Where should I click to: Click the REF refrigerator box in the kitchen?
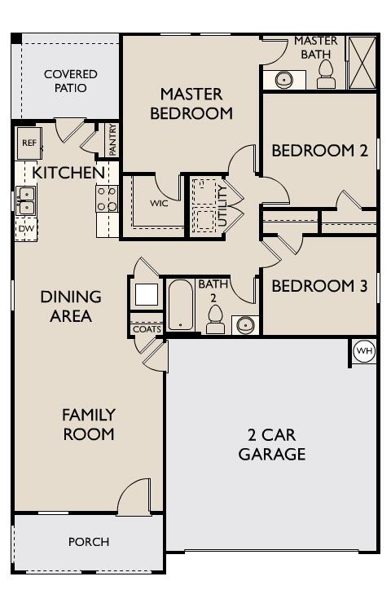[29, 143]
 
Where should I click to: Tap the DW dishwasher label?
[25, 228]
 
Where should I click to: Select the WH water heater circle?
[364, 351]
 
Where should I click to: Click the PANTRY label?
[112, 140]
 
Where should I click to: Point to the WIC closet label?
[159, 203]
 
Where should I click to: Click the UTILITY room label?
[222, 205]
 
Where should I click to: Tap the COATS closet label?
[147, 328]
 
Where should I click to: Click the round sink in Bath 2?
[244, 324]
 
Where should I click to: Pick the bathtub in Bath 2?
[181, 305]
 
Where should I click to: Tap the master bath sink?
[284, 80]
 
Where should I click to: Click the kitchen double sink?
[25, 200]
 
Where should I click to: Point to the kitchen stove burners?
[107, 199]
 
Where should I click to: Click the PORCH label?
[89, 541]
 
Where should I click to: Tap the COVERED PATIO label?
[70, 81]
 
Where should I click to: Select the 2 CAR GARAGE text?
[272, 444]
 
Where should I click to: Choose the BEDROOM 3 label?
[319, 286]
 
